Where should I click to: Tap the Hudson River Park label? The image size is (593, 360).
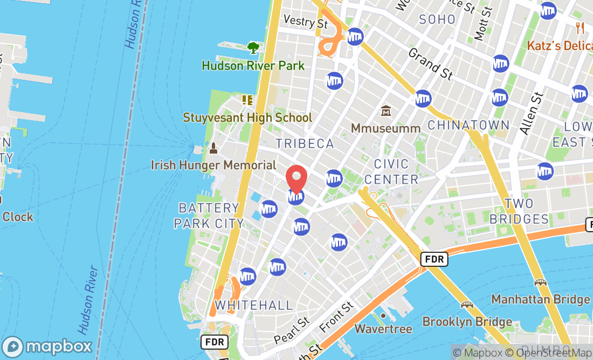click(x=253, y=66)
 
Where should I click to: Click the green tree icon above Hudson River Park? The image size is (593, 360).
click(x=253, y=48)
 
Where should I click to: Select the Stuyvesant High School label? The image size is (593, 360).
click(x=247, y=117)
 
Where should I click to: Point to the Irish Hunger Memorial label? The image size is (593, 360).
click(x=213, y=165)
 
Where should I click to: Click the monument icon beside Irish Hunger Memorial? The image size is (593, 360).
click(x=213, y=148)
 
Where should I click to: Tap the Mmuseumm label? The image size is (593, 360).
click(x=385, y=128)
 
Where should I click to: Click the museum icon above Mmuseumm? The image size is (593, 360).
click(x=385, y=111)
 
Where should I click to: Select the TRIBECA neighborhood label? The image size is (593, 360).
click(x=305, y=143)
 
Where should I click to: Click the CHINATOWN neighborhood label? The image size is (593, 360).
click(x=468, y=125)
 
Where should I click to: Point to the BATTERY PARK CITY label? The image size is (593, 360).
click(x=209, y=215)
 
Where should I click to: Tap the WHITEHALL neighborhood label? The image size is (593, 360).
click(x=253, y=305)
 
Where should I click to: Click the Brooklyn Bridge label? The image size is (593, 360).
click(x=467, y=322)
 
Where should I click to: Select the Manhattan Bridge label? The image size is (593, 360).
click(x=540, y=299)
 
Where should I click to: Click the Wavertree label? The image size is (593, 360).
click(x=383, y=329)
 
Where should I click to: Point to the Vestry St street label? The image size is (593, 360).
click(x=306, y=22)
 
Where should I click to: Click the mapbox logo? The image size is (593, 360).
click(x=47, y=345)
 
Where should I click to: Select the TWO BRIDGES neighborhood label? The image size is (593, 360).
click(x=519, y=211)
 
